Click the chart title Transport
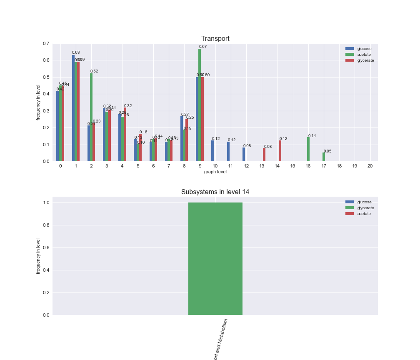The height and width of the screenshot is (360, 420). (x=215, y=39)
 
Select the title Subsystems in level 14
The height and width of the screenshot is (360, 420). (x=215, y=192)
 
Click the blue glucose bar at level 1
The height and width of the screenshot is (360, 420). (x=73, y=108)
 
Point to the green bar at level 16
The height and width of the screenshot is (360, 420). (x=308, y=149)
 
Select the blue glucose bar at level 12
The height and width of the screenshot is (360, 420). (x=244, y=154)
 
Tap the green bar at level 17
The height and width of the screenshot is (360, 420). (x=324, y=157)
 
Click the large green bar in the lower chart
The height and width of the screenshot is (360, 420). (x=215, y=258)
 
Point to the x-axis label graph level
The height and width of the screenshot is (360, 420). (x=215, y=172)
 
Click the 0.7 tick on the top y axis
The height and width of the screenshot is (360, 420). (x=45, y=44)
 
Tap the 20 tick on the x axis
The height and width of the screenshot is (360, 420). (x=370, y=166)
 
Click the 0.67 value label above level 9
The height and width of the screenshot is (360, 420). (x=203, y=47)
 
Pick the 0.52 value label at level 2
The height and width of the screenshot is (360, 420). (x=94, y=71)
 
